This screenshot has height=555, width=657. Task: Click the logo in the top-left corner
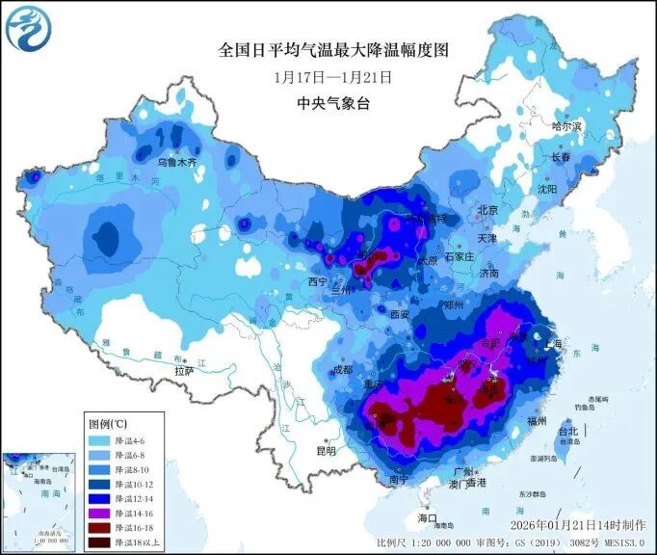(x=26, y=28)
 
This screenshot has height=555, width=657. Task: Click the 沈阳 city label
(x=547, y=190)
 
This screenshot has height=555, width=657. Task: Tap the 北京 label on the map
(x=487, y=210)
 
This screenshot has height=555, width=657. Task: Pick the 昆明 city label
(x=327, y=450)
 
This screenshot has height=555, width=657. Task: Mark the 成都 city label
(x=341, y=369)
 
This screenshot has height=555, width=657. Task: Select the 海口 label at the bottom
(x=428, y=518)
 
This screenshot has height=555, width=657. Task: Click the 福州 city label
(x=539, y=421)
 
